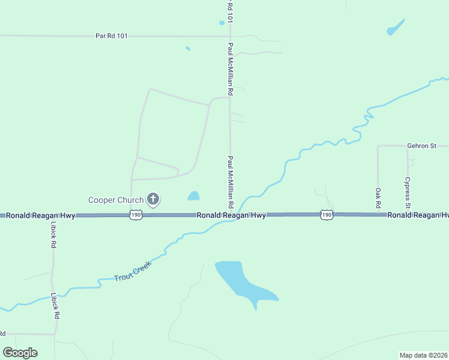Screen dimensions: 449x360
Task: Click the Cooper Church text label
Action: click(116, 200)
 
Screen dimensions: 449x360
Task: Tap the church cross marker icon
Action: click(153, 199)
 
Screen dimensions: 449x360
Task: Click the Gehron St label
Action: click(421, 145)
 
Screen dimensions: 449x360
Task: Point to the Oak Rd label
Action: click(378, 197)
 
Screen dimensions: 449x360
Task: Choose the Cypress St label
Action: click(407, 192)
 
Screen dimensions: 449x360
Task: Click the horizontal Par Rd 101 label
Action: click(112, 36)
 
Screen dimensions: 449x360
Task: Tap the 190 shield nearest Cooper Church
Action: click(136, 215)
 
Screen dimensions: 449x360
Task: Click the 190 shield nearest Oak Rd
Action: click(326, 214)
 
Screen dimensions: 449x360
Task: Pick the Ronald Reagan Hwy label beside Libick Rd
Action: click(41, 215)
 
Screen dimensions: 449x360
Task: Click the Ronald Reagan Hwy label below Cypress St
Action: click(417, 215)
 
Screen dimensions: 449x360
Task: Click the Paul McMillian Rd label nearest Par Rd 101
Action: click(230, 69)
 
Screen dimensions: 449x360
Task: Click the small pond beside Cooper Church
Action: click(193, 196)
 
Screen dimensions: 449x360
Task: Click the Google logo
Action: click(20, 353)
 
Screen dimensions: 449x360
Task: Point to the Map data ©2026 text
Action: click(424, 355)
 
